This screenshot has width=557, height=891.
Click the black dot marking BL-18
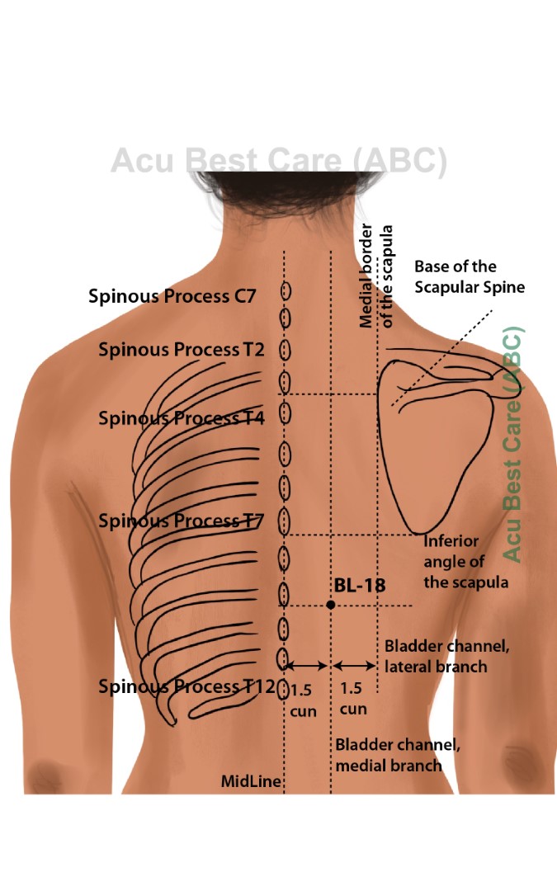coord(331,605)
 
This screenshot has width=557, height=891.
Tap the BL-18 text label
coord(360,585)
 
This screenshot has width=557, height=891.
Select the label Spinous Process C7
coord(172,296)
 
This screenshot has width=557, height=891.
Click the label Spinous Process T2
coord(181,349)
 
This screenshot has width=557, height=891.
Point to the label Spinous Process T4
coord(181,418)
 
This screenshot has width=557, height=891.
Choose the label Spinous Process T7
coord(181,521)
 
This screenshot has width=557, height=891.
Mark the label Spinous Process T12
coord(186,686)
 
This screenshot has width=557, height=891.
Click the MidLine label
coord(251,781)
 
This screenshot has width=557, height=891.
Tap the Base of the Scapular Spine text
coord(469,276)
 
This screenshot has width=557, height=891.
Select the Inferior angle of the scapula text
coord(465,562)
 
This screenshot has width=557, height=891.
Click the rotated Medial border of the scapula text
coord(376,276)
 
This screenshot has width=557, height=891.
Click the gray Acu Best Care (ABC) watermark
coord(279,161)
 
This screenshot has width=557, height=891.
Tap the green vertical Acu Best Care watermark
coord(512,445)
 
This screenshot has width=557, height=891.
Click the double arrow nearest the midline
coord(307,665)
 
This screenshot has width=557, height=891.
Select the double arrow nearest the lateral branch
coord(354,665)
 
